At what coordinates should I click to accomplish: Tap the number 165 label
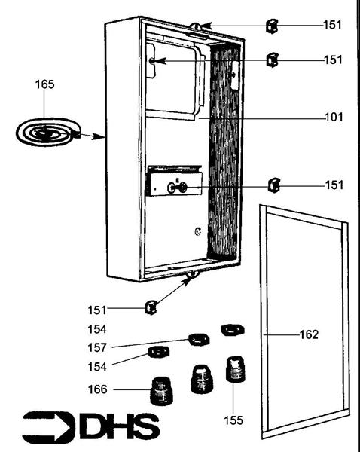pyautogui.click(x=44, y=84)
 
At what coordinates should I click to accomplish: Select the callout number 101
pyautogui.click(x=332, y=118)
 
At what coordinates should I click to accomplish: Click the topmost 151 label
pyautogui.click(x=332, y=25)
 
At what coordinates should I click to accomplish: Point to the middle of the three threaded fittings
pyautogui.click(x=198, y=379)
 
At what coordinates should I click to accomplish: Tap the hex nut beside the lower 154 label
pyautogui.click(x=158, y=353)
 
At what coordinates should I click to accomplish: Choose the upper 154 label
pyautogui.click(x=97, y=330)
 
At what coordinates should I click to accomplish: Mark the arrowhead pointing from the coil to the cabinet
pyautogui.click(x=98, y=137)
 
